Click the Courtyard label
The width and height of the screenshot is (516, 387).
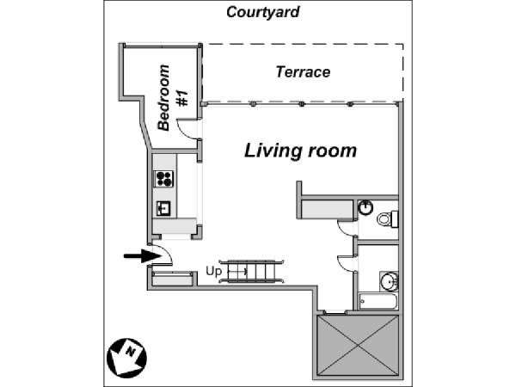(262, 13)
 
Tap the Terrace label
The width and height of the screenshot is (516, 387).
(303, 72)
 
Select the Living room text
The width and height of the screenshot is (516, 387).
(300, 151)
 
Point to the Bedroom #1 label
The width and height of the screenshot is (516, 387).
(173, 98)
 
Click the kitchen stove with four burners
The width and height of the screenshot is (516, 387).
(164, 179)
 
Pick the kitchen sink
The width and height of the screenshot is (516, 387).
(163, 208)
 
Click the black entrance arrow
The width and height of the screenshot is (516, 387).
(143, 255)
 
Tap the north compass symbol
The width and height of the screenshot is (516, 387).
(126, 358)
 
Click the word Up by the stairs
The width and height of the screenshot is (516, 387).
(213, 271)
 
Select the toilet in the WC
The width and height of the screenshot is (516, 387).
(387, 218)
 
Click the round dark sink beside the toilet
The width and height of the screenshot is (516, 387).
(365, 207)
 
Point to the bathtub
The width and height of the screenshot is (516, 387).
(378, 301)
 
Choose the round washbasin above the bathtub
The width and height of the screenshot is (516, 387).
(389, 281)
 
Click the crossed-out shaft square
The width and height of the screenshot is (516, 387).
(358, 345)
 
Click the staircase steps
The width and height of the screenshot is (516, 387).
(251, 272)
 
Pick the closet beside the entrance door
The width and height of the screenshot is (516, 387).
(172, 279)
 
